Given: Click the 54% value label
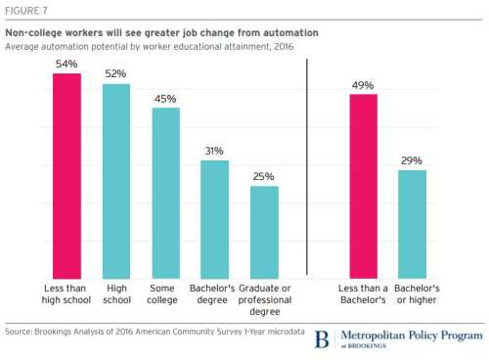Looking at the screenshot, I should pos(67,64).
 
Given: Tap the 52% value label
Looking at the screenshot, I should pos(116,73).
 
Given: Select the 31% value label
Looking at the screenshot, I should pos(214,151).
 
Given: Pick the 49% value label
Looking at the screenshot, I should pos(364,84).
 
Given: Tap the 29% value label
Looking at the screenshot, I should pos(413,159).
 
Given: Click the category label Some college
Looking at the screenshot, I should pos(165,292).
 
